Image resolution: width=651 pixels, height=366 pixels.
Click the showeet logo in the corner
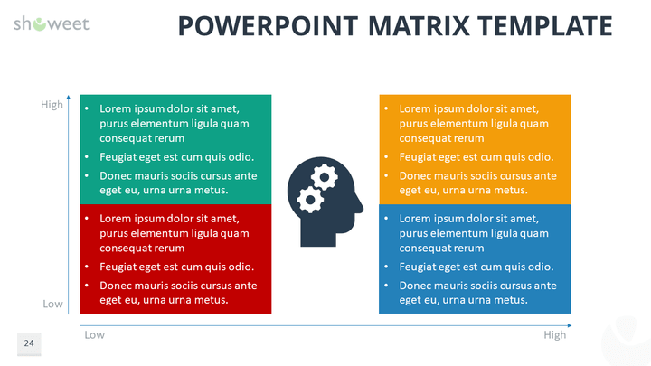[x=52, y=23]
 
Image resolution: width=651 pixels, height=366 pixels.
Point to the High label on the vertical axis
[x=52, y=105]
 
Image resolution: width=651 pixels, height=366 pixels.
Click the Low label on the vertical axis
[x=52, y=305]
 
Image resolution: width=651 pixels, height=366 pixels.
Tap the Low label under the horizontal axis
[x=94, y=335]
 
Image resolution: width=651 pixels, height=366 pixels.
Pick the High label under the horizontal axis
[x=555, y=335]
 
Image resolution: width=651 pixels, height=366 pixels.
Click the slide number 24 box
[x=29, y=343]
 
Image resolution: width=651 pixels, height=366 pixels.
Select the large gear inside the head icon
[x=323, y=173]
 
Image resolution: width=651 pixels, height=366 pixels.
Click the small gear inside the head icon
[x=308, y=197]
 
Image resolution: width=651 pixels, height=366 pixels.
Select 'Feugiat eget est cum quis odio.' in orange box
[x=476, y=156]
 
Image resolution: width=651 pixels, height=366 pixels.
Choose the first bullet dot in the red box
[x=87, y=219]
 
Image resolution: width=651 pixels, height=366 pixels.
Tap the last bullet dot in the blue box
[x=386, y=286]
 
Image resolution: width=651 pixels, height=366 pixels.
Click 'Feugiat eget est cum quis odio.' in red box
[x=176, y=267]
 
